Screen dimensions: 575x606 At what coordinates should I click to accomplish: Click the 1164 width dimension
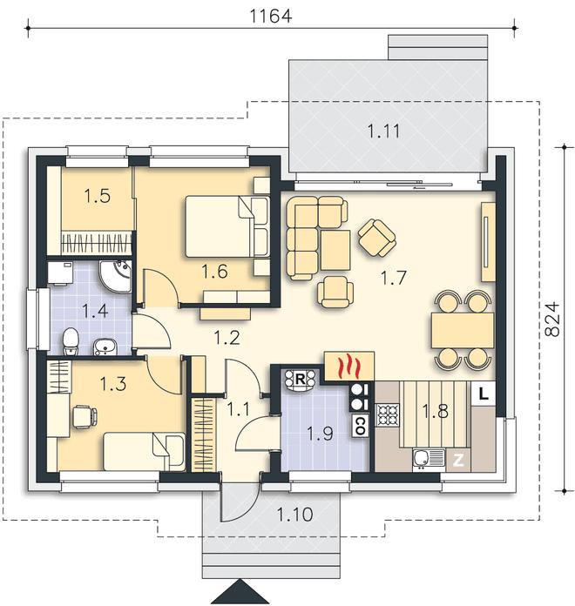click(271, 16)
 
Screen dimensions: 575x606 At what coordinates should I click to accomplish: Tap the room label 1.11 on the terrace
click(383, 131)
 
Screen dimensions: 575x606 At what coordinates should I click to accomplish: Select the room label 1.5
click(97, 196)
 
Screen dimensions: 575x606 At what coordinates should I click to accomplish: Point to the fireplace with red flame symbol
click(349, 365)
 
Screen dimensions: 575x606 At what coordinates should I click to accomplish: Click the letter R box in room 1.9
click(300, 379)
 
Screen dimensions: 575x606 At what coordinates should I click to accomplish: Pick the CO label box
click(360, 426)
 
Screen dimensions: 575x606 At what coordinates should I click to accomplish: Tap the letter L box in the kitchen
click(484, 394)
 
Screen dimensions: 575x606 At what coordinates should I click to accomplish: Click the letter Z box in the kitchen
click(458, 461)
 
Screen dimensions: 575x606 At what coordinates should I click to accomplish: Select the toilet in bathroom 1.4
click(71, 341)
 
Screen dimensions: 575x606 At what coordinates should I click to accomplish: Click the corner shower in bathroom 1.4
click(116, 275)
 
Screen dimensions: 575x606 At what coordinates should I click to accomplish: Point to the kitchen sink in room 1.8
click(429, 460)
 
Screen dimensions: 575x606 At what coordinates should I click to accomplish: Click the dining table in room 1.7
click(463, 331)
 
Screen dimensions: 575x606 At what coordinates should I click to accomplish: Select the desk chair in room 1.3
click(85, 417)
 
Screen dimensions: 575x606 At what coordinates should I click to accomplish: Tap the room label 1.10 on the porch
click(294, 515)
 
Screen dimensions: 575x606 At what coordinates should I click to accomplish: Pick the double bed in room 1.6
click(227, 226)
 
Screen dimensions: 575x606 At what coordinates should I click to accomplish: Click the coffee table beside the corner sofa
click(335, 250)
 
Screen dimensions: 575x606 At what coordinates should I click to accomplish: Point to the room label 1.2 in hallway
click(227, 338)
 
